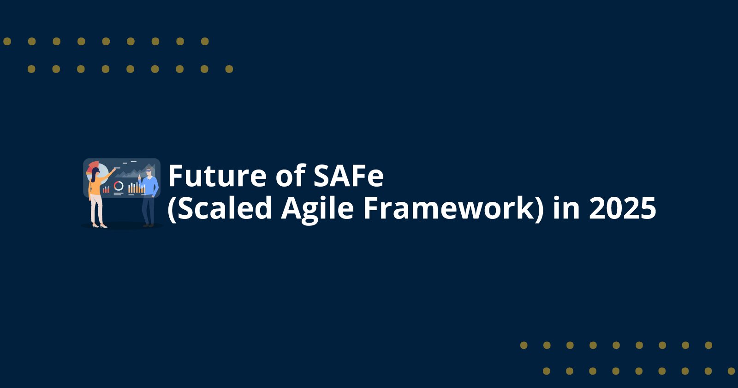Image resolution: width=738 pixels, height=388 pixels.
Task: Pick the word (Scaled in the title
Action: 220,208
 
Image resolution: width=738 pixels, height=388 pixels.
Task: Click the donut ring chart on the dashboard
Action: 119,186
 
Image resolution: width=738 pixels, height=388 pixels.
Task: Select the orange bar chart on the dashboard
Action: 137,188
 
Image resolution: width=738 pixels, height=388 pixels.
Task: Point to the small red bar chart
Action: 106,189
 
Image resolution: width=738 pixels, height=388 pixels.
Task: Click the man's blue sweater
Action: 150,187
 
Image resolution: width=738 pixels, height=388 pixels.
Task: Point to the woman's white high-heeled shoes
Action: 99,225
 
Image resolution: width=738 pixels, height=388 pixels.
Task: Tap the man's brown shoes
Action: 148,225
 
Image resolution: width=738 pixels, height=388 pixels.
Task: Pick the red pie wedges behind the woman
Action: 92,165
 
